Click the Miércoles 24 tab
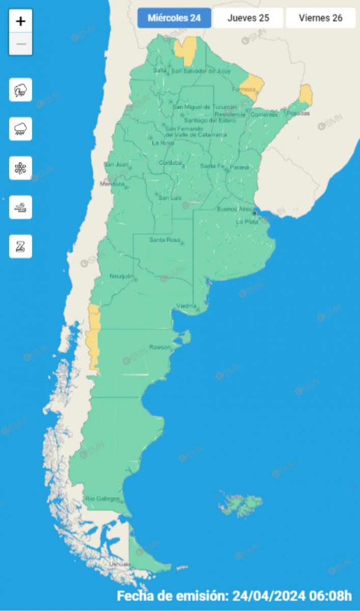174,18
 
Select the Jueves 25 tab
248,18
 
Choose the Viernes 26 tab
320,18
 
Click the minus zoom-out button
21,44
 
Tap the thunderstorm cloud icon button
21,90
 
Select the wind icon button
21,207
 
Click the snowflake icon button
21,168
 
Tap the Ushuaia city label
120,564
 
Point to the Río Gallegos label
103,498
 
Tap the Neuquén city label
121,276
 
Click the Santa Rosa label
162,240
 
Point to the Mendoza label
112,184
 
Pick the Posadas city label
298,113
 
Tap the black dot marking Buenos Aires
255,213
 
